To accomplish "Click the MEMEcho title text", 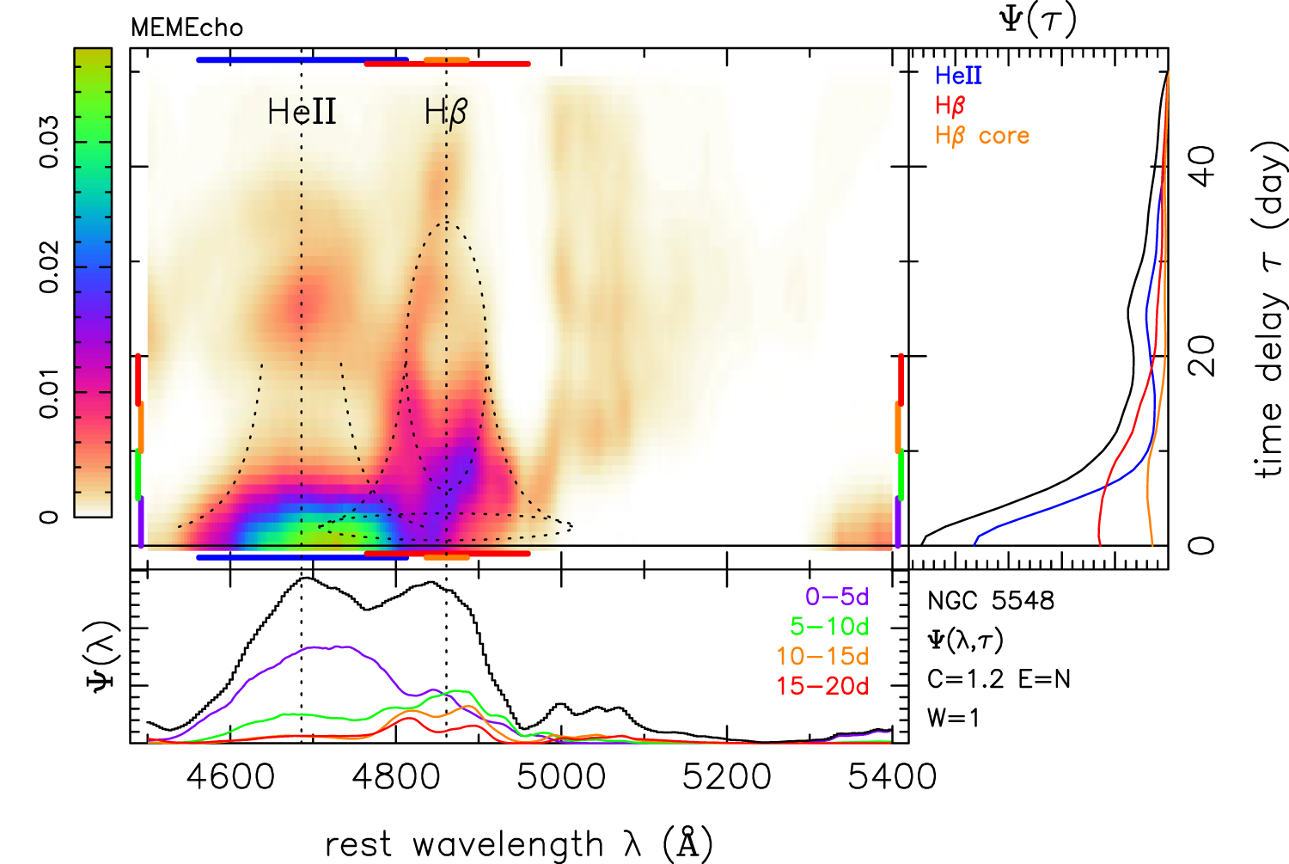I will click(186, 28).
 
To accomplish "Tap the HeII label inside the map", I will click(302, 112).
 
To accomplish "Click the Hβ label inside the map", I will click(446, 112).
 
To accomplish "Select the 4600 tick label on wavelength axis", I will click(230, 776).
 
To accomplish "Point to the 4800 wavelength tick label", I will click(396, 776).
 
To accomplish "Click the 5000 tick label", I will click(562, 776).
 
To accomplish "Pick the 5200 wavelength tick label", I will click(727, 776).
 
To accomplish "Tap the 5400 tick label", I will click(892, 776).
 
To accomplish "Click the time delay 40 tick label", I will click(1202, 166).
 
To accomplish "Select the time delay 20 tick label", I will click(1202, 355).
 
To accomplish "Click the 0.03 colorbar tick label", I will click(49, 142).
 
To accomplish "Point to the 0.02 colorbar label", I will click(49, 267).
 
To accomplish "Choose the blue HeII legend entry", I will click(958, 76).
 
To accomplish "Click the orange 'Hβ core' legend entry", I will click(981, 136).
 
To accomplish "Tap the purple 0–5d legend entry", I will click(836, 597).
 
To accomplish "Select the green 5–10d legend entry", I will click(829, 627).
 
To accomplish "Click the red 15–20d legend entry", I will click(822, 686).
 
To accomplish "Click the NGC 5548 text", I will click(990, 600).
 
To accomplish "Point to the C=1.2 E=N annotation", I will click(999, 679).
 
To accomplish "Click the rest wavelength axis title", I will click(519, 844).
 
